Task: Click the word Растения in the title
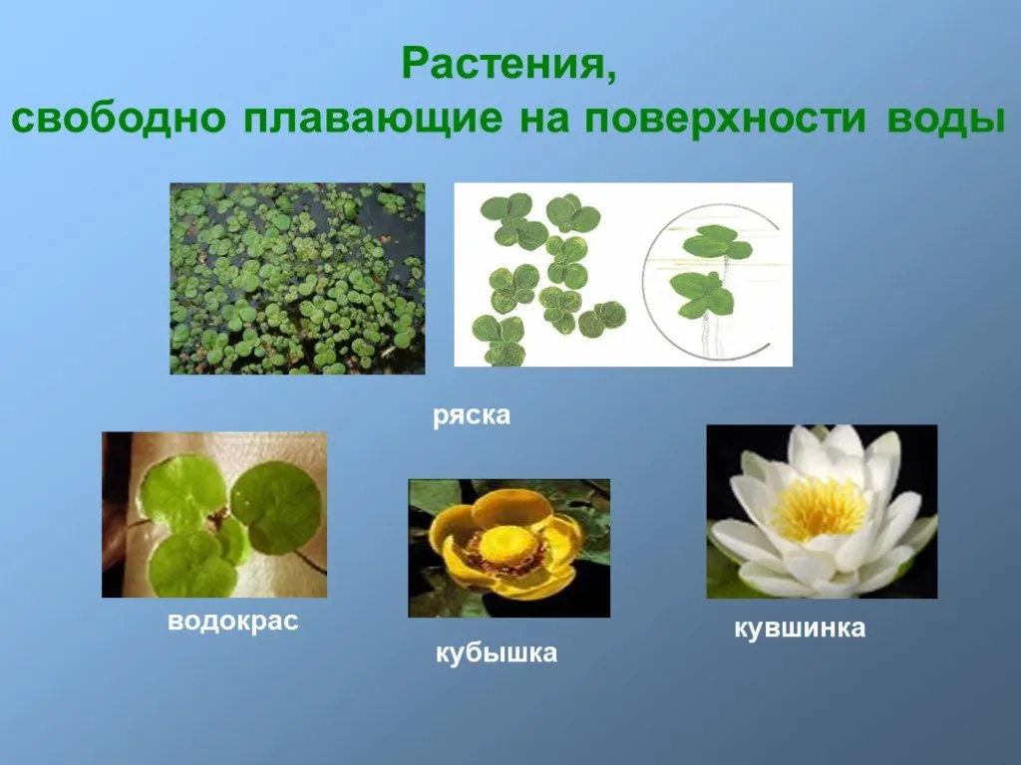coord(504,63)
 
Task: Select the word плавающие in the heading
coord(374,120)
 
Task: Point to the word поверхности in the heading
coord(726,120)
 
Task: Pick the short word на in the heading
coord(544,120)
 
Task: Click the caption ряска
coord(472,416)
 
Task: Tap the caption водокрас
coord(233,622)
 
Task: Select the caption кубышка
coord(497,652)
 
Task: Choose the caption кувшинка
coord(800,628)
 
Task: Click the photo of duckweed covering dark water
coord(297,279)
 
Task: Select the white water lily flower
coord(822,511)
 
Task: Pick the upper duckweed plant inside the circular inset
coord(716,242)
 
